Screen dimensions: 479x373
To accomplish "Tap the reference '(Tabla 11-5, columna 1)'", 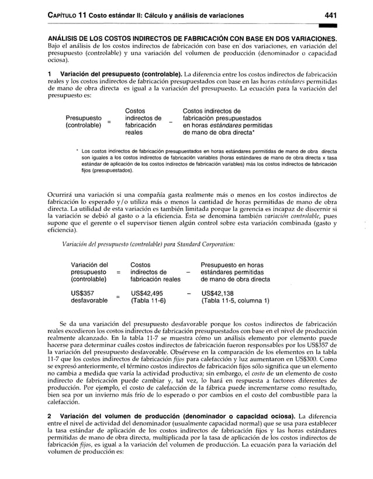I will click(235, 301).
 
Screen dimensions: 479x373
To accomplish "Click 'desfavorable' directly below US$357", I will click(89, 301).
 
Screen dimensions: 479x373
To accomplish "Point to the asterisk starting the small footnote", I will click(77, 151).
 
